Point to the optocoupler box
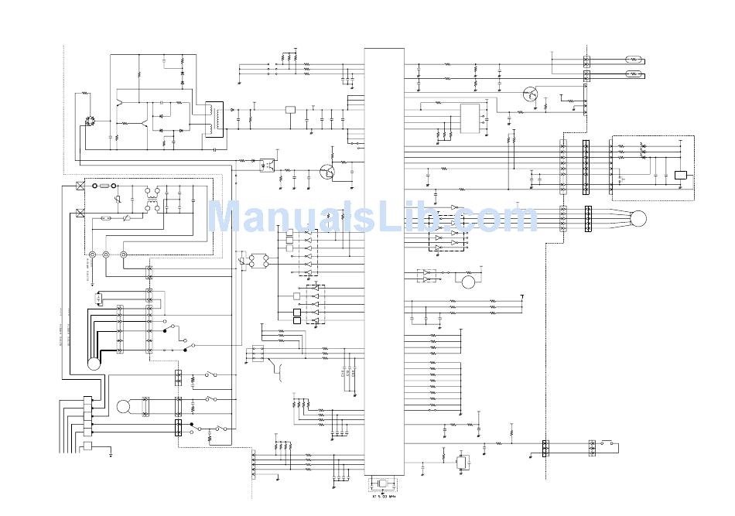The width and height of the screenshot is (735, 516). coord(266,163)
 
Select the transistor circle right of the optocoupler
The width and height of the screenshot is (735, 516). coord(329,172)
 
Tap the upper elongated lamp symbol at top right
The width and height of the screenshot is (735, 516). coord(630,59)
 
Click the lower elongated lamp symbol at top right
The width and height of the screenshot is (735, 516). coord(630,75)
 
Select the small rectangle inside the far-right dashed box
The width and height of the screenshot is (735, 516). coord(681,175)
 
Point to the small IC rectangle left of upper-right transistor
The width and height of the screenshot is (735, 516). coord(470,118)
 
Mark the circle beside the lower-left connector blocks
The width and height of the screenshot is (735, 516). coord(124,407)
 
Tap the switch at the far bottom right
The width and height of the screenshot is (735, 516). coord(611,444)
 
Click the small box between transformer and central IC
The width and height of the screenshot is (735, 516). coord(291,110)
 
